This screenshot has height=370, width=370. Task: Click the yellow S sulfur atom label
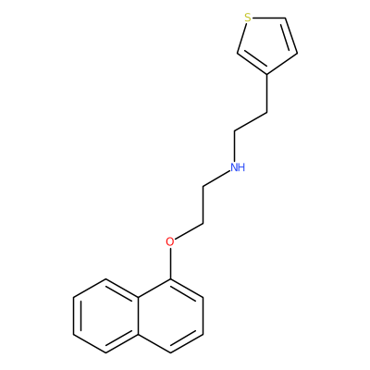(x=247, y=18)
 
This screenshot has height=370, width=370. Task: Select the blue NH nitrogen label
(x=238, y=167)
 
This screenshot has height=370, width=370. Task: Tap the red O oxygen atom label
(x=169, y=241)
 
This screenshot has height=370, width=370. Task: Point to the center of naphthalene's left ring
(x=105, y=315)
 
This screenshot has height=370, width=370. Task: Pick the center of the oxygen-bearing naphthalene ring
(x=170, y=315)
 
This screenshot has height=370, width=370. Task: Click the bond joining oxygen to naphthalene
(x=170, y=264)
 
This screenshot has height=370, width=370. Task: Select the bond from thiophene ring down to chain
(x=266, y=93)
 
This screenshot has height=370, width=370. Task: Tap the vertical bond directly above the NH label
(x=235, y=146)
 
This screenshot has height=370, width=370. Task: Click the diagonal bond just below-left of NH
(x=216, y=178)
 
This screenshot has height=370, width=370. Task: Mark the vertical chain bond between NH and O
(x=203, y=204)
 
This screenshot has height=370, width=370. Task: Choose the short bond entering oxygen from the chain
(x=189, y=231)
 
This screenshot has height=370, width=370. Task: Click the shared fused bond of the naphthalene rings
(x=138, y=315)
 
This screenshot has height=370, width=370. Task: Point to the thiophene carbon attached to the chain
(x=266, y=74)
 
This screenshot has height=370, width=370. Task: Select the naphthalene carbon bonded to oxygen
(x=170, y=279)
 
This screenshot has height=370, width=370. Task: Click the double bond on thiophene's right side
(x=290, y=36)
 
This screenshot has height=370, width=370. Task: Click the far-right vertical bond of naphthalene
(x=203, y=315)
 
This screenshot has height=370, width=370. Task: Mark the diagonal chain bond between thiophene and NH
(x=251, y=122)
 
